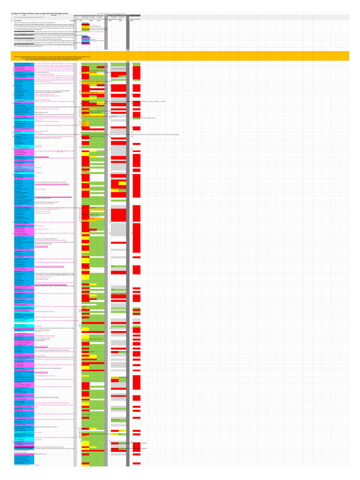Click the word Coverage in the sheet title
[x=16, y=13]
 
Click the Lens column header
[x=23, y=15]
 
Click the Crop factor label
[x=73, y=21]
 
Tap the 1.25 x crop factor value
[x=130, y=21]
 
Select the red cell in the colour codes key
[x=85, y=25]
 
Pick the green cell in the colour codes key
[x=85, y=30]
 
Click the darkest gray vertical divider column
[x=128, y=234]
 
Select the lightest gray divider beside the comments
[x=75, y=234]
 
